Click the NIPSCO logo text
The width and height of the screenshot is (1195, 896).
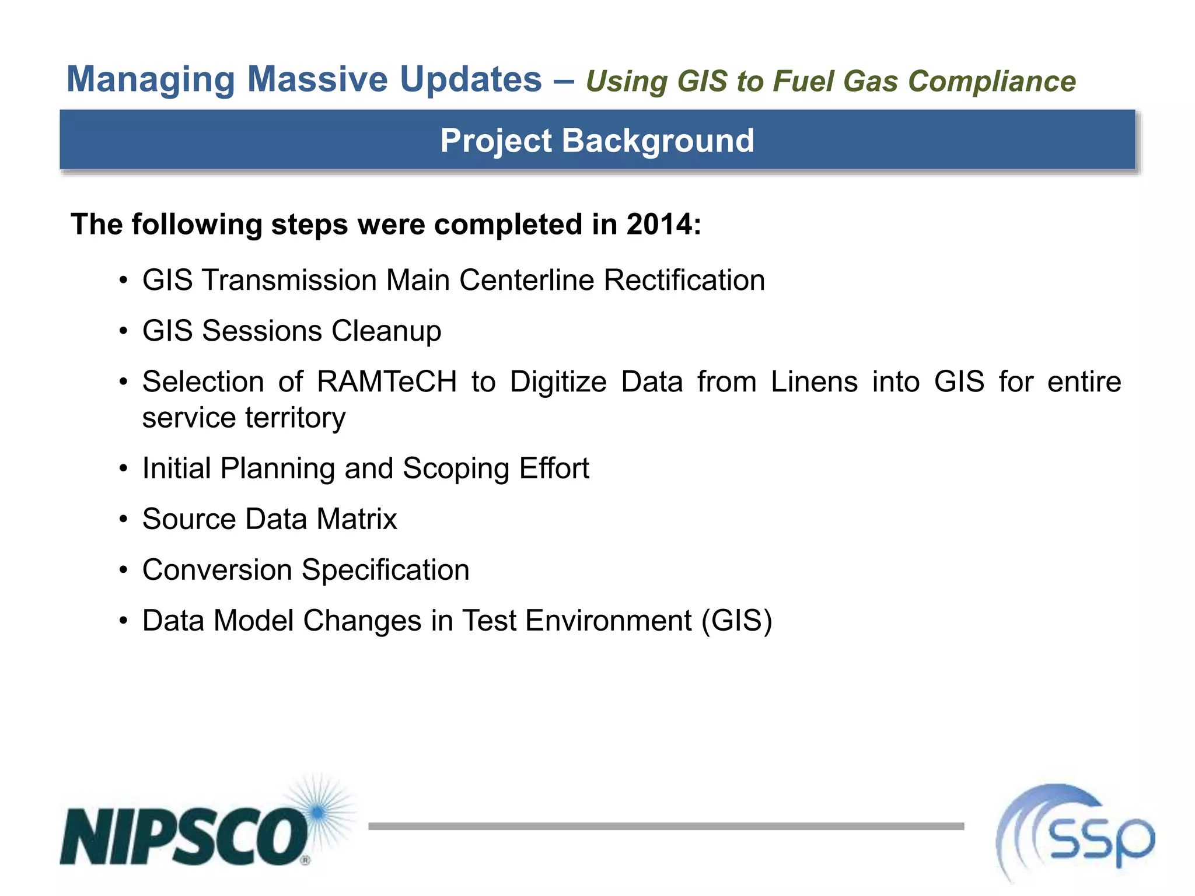coord(184,836)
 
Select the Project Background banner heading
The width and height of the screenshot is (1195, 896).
coord(597,141)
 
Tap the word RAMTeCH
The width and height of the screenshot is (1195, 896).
coord(387,382)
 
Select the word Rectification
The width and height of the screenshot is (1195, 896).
coord(684,280)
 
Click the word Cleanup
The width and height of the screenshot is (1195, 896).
coord(386,331)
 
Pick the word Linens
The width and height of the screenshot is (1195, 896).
coord(814,382)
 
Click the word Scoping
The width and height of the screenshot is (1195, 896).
coord(456,468)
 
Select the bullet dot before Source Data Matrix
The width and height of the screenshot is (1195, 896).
coord(123,519)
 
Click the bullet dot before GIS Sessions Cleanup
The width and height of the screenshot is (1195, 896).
coord(123,331)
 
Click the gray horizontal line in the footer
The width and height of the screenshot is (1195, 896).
coord(665,826)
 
